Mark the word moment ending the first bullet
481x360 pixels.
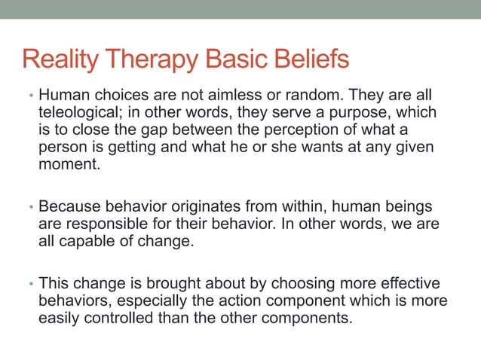point(69,162)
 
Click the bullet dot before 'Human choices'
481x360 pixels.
point(31,96)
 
